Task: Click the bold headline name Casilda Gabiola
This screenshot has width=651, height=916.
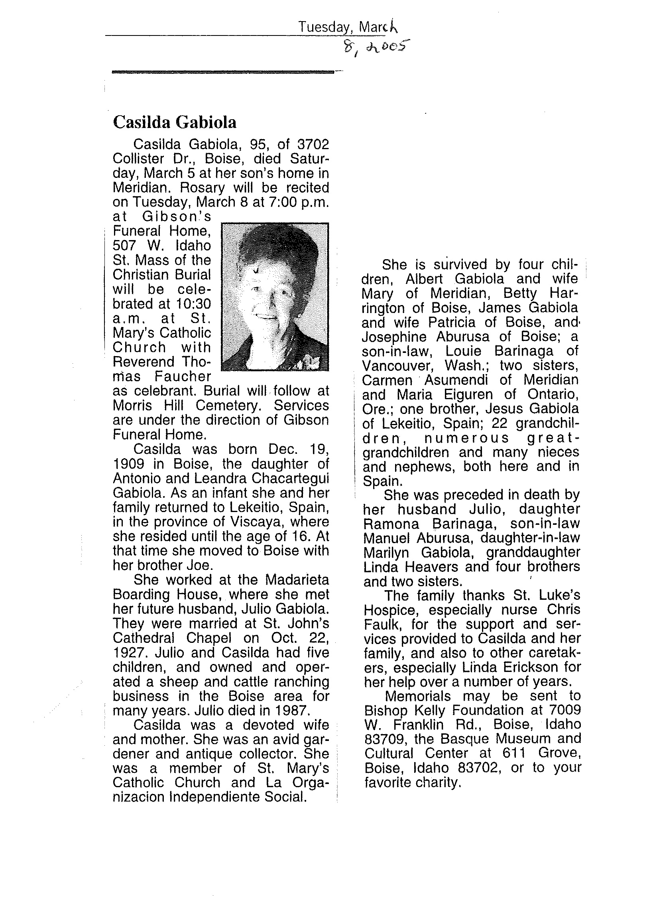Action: (x=174, y=122)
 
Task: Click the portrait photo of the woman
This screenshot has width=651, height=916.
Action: (x=275, y=297)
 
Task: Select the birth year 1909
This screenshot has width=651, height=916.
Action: (x=127, y=464)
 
